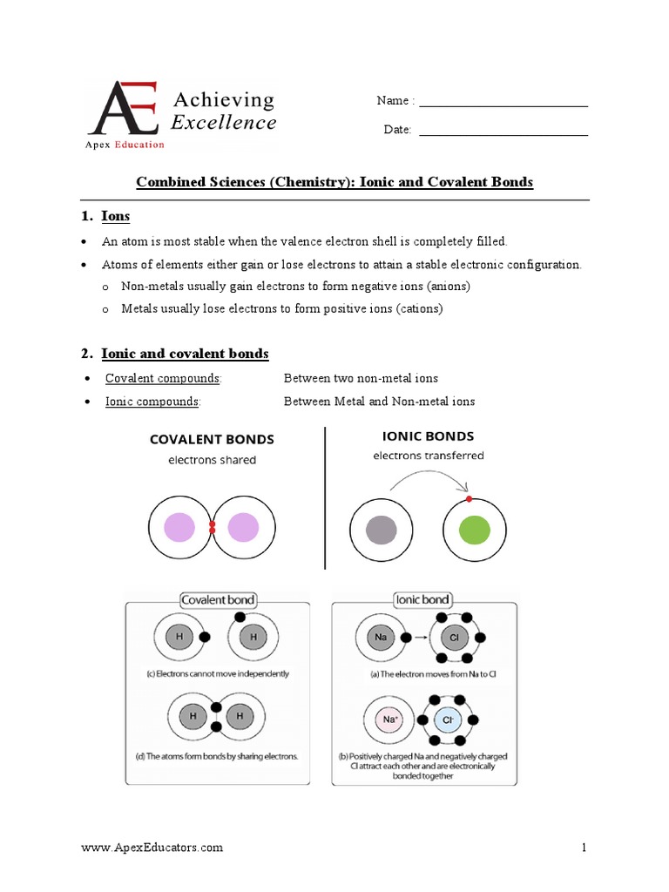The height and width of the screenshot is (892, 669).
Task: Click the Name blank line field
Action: coord(503,105)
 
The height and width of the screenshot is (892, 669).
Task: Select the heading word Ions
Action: coord(116,215)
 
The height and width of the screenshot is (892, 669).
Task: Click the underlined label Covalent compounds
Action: coord(163,378)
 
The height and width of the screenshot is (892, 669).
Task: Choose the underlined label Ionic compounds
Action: coord(152,402)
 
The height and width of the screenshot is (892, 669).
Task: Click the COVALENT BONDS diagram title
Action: coord(212,439)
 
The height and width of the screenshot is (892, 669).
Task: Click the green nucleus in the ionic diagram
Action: coord(476,530)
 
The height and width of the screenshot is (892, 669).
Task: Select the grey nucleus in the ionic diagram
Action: coord(382,530)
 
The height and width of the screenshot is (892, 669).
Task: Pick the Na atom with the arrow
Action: coord(381,637)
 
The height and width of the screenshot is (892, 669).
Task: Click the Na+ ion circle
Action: coord(388,720)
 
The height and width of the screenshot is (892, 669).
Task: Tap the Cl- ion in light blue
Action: coord(449,720)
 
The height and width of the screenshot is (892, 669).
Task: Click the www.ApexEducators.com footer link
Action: coord(152,848)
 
